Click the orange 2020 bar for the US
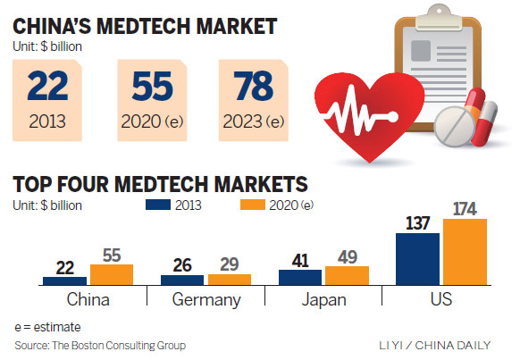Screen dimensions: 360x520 [465, 251]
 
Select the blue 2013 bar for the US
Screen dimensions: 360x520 [417, 258]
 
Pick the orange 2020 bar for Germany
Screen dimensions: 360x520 [229, 279]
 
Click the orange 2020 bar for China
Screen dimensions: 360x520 [111, 274]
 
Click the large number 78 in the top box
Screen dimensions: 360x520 [256, 87]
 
